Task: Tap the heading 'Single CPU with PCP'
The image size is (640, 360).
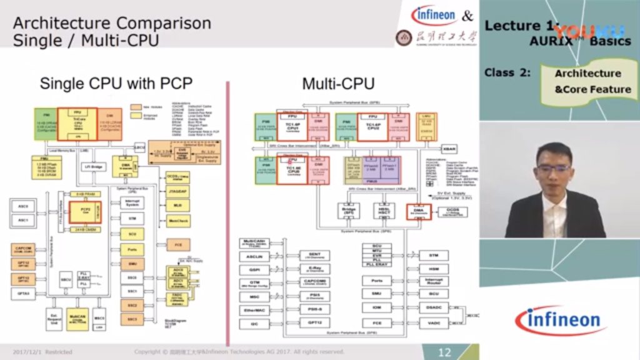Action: click(x=116, y=83)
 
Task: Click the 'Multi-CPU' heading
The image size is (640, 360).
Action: click(x=338, y=83)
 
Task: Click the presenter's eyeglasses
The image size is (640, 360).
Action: click(x=549, y=167)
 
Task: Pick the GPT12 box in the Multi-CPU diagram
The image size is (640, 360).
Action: click(x=314, y=323)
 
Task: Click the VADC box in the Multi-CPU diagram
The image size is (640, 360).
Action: click(x=433, y=323)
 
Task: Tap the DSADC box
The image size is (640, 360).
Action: click(x=433, y=307)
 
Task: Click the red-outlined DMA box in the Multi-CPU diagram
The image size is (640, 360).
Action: click(x=418, y=211)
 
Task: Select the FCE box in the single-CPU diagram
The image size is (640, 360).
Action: click(x=178, y=245)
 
